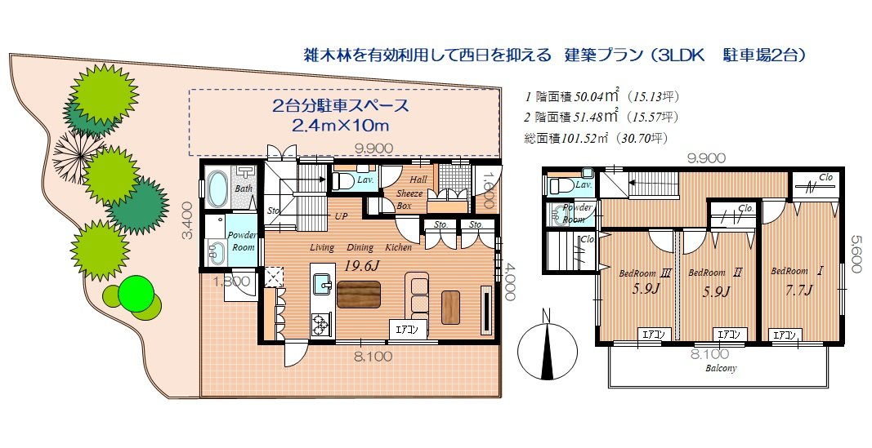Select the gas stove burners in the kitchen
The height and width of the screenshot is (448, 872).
tap(320, 326)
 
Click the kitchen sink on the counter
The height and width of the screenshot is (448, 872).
tap(322, 284)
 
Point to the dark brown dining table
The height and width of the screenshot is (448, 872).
tap(358, 294)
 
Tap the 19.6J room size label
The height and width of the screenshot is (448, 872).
tap(360, 264)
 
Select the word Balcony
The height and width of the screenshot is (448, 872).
tap(722, 369)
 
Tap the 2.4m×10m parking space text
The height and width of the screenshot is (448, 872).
tap(341, 126)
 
